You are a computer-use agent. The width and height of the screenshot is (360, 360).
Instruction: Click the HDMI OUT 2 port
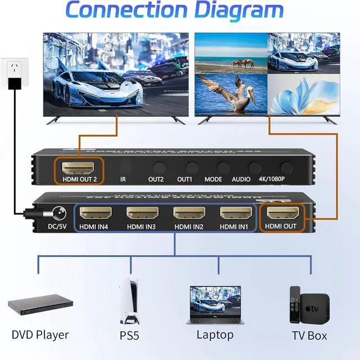click(79, 167)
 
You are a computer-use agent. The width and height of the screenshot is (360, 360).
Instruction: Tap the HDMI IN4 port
click(95, 213)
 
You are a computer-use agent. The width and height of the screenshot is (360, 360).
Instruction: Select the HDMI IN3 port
click(142, 213)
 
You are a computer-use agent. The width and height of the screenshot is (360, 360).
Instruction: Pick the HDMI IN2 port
click(188, 213)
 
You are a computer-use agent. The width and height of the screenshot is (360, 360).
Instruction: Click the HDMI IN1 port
click(235, 213)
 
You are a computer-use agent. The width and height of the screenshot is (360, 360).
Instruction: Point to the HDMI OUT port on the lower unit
click(282, 213)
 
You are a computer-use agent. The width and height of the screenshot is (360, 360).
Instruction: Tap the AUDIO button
click(255, 167)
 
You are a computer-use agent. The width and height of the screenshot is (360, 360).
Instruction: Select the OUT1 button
click(192, 167)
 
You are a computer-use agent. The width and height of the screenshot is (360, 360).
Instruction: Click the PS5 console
click(129, 304)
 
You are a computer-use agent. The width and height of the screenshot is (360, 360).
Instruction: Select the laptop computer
click(214, 307)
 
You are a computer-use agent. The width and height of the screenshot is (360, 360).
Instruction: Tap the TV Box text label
click(309, 336)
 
